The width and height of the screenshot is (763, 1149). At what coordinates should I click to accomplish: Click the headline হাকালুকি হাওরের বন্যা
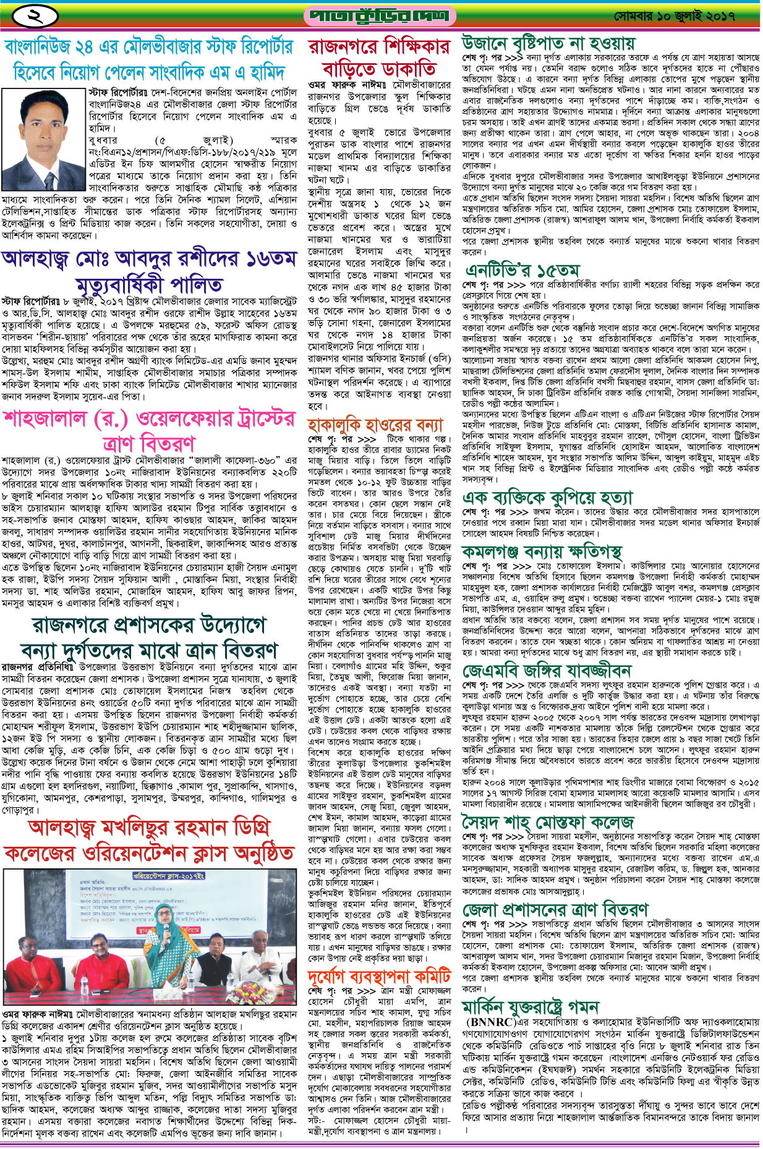[x=375, y=425]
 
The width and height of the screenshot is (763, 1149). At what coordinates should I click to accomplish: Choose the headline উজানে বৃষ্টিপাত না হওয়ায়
[x=548, y=43]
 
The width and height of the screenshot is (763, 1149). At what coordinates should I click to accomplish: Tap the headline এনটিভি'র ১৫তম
[x=523, y=270]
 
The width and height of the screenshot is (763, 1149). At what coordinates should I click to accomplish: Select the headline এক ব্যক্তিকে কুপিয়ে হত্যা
[x=548, y=498]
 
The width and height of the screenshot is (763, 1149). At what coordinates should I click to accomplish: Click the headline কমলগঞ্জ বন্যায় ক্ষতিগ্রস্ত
[x=542, y=551]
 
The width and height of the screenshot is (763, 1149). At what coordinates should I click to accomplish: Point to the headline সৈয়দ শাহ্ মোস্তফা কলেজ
[x=548, y=822]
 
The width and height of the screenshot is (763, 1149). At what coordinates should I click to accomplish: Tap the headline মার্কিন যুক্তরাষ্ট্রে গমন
[x=531, y=1007]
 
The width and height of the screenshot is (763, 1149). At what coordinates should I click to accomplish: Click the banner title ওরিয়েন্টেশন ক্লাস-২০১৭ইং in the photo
[x=169, y=876]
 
